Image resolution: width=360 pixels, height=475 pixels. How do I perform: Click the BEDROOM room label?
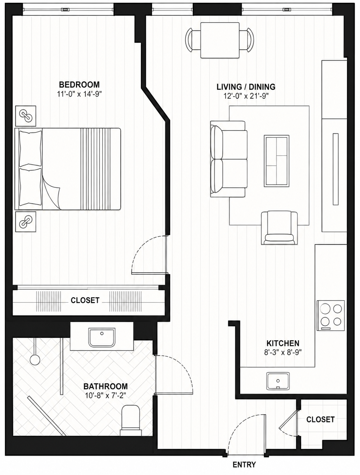click(79, 84)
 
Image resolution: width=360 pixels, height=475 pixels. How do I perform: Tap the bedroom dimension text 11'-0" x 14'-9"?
click(79, 94)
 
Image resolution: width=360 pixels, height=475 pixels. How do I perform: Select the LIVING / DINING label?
click(246, 87)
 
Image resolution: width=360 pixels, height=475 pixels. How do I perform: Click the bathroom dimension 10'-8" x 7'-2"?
click(105, 396)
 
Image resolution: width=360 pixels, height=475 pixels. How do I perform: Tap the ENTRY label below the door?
click(244, 464)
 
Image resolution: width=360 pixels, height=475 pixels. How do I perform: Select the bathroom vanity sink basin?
click(102, 337)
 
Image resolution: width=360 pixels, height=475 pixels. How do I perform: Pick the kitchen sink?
click(278, 381)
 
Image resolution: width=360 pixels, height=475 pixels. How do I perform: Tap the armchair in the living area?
click(279, 228)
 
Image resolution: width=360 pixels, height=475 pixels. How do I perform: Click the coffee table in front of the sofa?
click(277, 161)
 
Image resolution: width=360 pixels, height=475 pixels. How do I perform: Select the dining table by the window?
click(220, 40)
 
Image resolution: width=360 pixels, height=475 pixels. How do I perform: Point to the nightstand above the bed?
click(26, 116)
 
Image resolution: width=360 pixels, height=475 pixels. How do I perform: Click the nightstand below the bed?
click(26, 222)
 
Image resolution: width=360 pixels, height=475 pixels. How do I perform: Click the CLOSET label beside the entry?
click(320, 419)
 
